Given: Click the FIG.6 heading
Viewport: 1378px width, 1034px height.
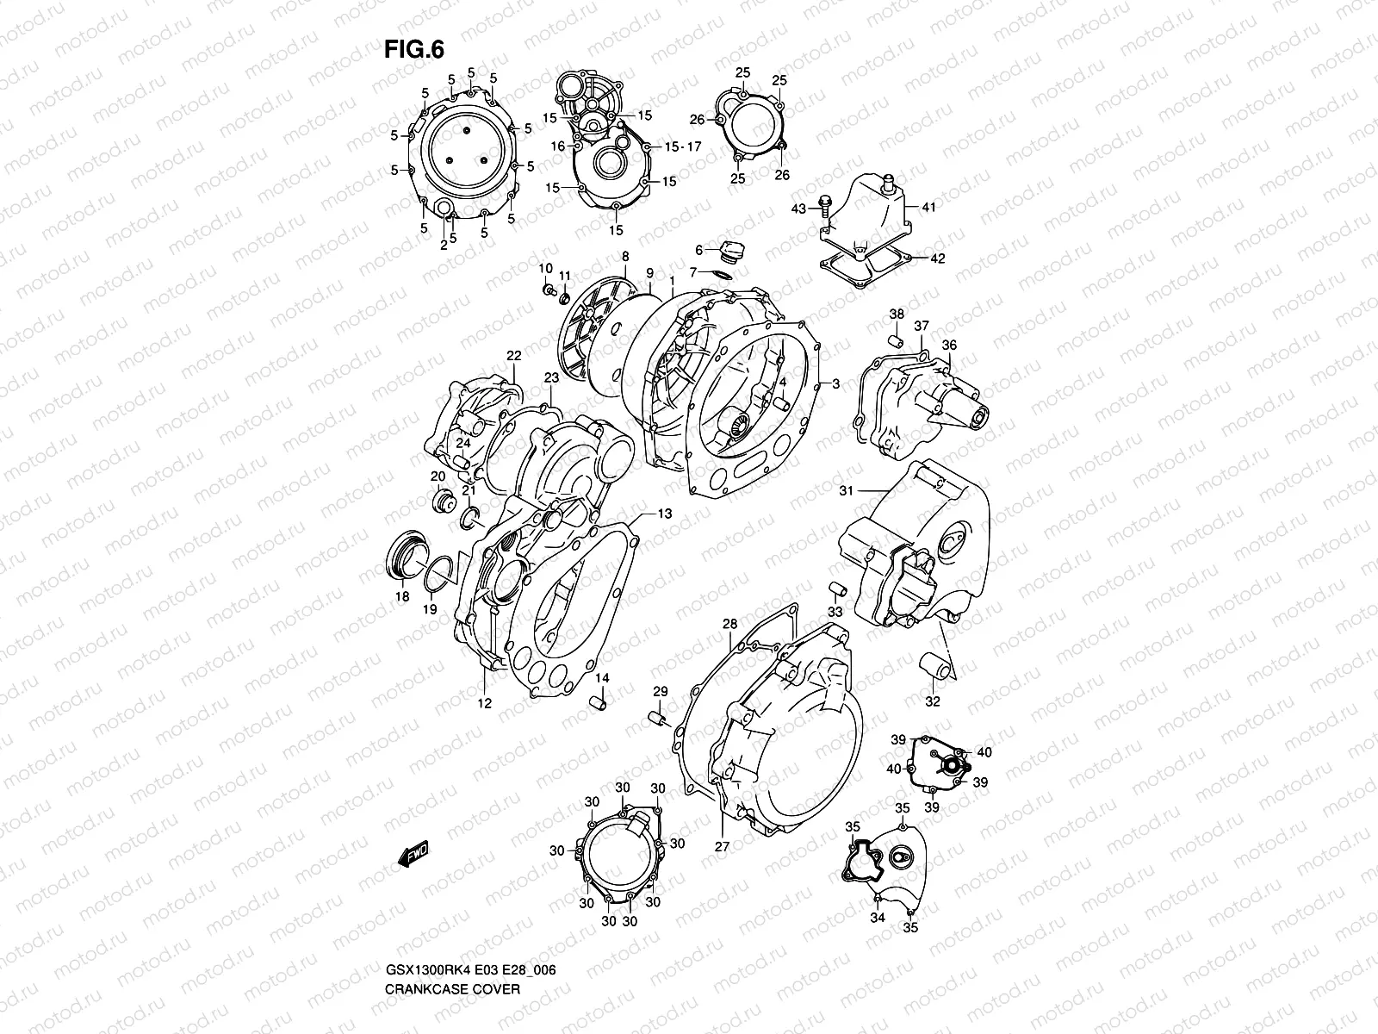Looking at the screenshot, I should click(413, 51).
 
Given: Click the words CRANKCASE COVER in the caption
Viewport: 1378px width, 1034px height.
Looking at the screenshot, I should click(452, 989).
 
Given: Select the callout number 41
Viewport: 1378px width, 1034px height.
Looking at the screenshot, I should click(928, 208).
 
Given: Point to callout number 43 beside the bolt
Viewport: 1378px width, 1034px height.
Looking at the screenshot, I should click(798, 209).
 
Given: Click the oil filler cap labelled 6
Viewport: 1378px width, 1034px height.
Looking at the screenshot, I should click(734, 251).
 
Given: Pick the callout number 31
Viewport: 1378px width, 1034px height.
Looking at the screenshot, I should click(846, 490).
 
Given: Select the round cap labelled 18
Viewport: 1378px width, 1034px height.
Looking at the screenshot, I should click(400, 556).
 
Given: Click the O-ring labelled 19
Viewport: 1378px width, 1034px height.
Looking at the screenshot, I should click(440, 572).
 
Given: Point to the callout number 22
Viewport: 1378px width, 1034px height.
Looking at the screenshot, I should click(514, 355).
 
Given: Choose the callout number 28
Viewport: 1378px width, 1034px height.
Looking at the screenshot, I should click(729, 623).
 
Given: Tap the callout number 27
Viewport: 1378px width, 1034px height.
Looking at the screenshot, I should click(722, 846).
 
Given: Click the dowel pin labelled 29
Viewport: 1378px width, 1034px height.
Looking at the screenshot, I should click(657, 718).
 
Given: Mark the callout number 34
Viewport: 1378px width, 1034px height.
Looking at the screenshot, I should click(877, 919).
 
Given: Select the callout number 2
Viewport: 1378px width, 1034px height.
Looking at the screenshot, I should click(444, 246).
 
